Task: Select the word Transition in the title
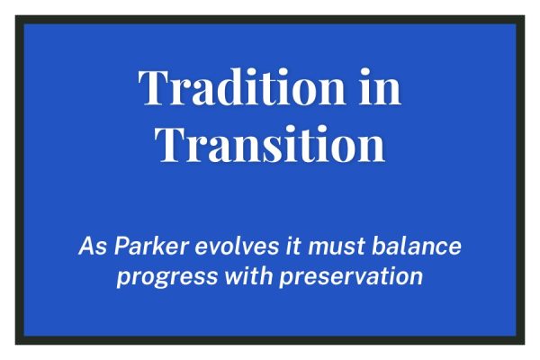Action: pyautogui.click(x=269, y=143)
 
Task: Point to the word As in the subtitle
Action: pyautogui.click(x=91, y=246)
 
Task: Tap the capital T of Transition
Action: pyautogui.click(x=168, y=143)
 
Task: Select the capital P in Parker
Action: pyautogui.click(x=117, y=246)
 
